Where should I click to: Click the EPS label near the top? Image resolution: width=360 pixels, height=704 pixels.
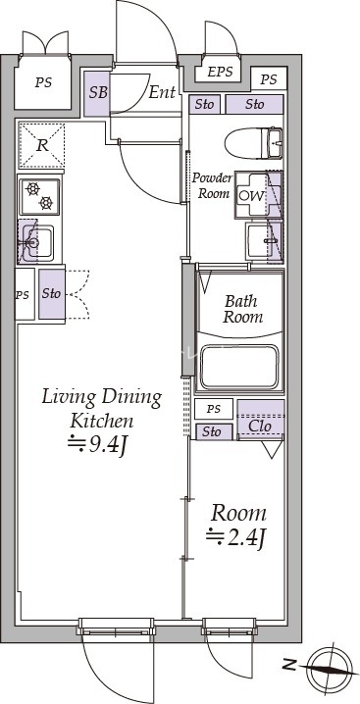221,72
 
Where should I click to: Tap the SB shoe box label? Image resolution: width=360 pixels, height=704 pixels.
98,93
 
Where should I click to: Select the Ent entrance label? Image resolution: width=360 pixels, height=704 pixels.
162,92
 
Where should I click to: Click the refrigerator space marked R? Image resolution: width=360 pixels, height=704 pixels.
42,145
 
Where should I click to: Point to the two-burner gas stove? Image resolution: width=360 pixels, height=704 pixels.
39,196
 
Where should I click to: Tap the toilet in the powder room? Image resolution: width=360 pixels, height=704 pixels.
253,143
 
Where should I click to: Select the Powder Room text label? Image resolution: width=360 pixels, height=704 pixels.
213,185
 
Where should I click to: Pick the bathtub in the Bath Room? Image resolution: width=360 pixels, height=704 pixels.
239,367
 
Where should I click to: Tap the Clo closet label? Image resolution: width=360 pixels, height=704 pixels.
260,426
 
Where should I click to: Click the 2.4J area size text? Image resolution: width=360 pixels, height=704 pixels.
236,537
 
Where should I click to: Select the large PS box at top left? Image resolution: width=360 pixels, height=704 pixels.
43,82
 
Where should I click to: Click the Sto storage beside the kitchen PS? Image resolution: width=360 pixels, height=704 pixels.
52,293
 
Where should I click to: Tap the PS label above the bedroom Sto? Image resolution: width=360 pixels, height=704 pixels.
214,409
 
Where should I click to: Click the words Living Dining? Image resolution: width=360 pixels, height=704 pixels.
102,398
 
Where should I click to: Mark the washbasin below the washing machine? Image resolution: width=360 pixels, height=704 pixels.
265,241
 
